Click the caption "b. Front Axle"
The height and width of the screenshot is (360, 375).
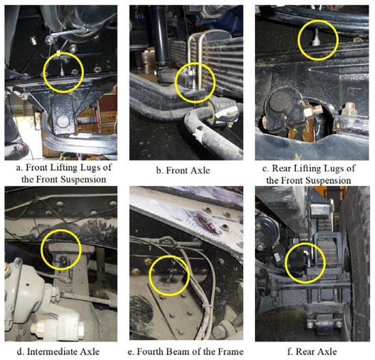pyautogui.click(x=183, y=170)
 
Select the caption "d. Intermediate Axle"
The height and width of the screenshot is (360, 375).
pyautogui.click(x=58, y=352)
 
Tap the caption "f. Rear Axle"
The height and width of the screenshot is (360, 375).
pyautogui.click(x=312, y=351)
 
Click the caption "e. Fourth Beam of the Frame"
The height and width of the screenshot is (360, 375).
pyautogui.click(x=185, y=352)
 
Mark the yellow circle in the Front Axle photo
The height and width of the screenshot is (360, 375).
pyautogui.click(x=195, y=83)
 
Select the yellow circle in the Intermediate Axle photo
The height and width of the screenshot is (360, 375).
pyautogui.click(x=61, y=250)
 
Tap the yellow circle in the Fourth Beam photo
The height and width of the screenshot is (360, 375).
pyautogui.click(x=169, y=275)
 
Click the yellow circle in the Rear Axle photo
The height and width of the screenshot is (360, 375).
pyautogui.click(x=305, y=263)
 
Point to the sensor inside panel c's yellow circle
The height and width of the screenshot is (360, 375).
pyautogui.click(x=316, y=38)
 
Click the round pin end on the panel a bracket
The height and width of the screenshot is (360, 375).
pyautogui.click(x=63, y=121)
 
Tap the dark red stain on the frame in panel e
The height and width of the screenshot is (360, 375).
pyautogui.click(x=206, y=222)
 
